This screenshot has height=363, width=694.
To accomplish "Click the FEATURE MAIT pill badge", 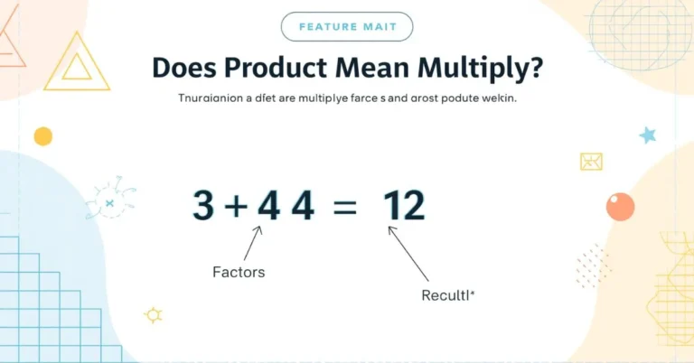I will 347,26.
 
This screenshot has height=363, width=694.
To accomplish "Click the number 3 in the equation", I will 203,207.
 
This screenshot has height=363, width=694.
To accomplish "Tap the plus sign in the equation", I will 236,208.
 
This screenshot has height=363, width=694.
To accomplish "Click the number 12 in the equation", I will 403,207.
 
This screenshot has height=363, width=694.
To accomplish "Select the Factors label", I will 239,271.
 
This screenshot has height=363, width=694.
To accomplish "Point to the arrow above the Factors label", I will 253,242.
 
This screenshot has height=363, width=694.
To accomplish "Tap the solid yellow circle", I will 42,136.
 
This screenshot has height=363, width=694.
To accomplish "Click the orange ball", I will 620,207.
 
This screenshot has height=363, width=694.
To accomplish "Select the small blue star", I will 648,135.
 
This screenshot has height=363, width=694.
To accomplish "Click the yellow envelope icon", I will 591,161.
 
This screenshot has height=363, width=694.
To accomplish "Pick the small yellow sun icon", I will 154,314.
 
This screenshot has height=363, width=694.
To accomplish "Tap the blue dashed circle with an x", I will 110,203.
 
